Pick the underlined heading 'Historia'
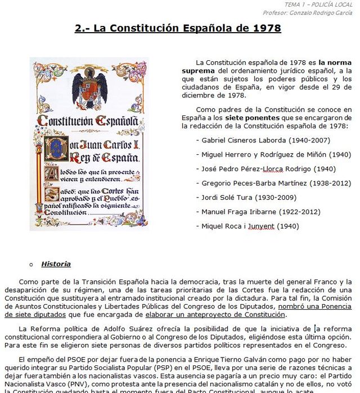click(56, 264)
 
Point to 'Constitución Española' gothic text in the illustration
click(87, 121)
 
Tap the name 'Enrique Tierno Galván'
click(188, 359)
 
